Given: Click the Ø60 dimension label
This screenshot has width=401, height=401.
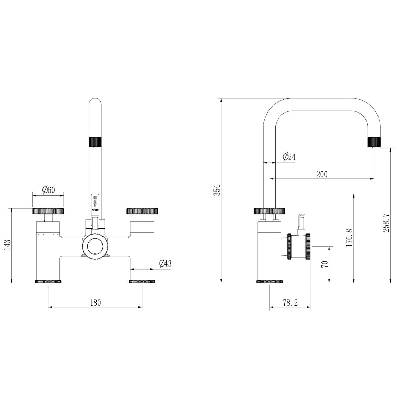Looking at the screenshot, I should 48,190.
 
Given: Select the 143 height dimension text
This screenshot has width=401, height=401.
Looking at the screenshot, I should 9,246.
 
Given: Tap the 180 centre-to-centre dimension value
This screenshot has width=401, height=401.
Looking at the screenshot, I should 95,302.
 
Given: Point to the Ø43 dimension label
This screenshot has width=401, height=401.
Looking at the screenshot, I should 165,263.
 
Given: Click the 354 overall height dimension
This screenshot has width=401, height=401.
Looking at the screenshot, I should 216,191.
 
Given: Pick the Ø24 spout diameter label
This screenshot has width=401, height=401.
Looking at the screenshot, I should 289,157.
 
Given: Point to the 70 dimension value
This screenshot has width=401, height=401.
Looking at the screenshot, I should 325,264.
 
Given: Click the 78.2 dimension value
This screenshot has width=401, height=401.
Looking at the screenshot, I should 290,302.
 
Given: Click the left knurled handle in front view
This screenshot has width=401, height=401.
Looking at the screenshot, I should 48,211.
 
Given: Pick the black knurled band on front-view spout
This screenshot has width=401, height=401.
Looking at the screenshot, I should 95,141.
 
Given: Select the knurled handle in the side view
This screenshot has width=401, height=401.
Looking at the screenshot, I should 270,211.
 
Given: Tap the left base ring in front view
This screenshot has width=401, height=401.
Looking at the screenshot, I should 48,282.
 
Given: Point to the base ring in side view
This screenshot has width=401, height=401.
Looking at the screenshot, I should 270,282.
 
